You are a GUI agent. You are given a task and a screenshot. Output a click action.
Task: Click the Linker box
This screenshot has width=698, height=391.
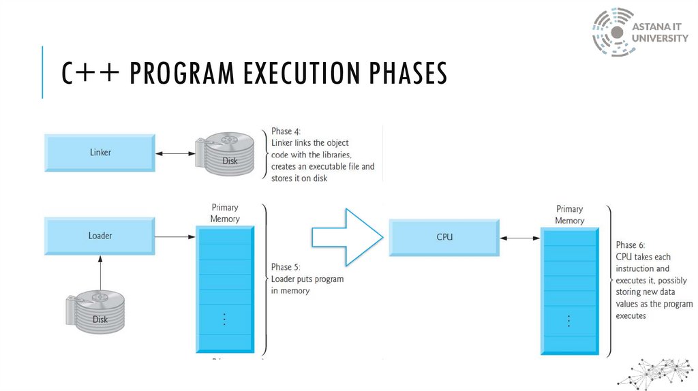100,153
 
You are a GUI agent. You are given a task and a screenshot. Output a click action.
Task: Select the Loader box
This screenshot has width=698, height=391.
100,236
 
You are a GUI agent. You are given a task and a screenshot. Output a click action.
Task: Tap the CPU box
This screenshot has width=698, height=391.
444,237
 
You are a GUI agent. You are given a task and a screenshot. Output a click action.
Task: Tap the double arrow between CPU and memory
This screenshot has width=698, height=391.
520,238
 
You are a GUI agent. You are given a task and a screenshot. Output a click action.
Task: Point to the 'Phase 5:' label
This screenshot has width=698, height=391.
286,267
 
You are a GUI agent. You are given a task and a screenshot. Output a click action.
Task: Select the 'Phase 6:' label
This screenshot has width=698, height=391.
631,245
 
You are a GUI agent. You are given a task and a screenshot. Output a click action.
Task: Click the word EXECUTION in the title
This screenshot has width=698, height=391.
290,74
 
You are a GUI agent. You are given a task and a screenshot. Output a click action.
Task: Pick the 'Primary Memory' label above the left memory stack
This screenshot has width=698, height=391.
225,213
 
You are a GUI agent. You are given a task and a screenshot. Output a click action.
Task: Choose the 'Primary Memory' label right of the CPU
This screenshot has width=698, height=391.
569,215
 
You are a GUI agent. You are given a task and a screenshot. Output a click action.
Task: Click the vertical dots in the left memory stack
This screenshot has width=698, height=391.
224,318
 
